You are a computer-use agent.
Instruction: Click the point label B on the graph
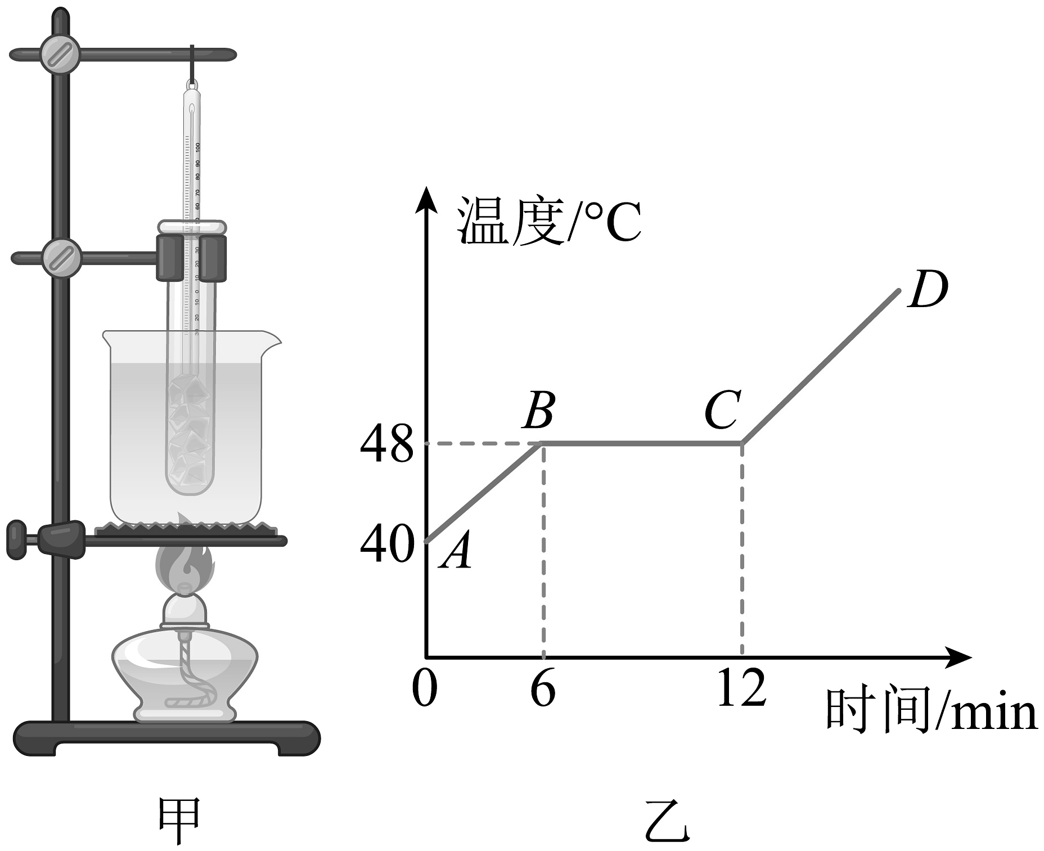[539, 410]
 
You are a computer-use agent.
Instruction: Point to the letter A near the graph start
[457, 552]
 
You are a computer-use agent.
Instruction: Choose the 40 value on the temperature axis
[386, 545]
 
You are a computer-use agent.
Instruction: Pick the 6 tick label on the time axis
[543, 688]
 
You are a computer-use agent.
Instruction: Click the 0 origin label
[424, 688]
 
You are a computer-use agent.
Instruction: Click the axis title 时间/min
[930, 712]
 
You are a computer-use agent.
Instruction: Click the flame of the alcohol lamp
[184, 565]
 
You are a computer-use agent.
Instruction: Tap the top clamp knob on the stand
[60, 55]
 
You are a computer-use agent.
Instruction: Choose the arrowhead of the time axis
[959, 658]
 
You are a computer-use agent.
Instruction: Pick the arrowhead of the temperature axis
[426, 200]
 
